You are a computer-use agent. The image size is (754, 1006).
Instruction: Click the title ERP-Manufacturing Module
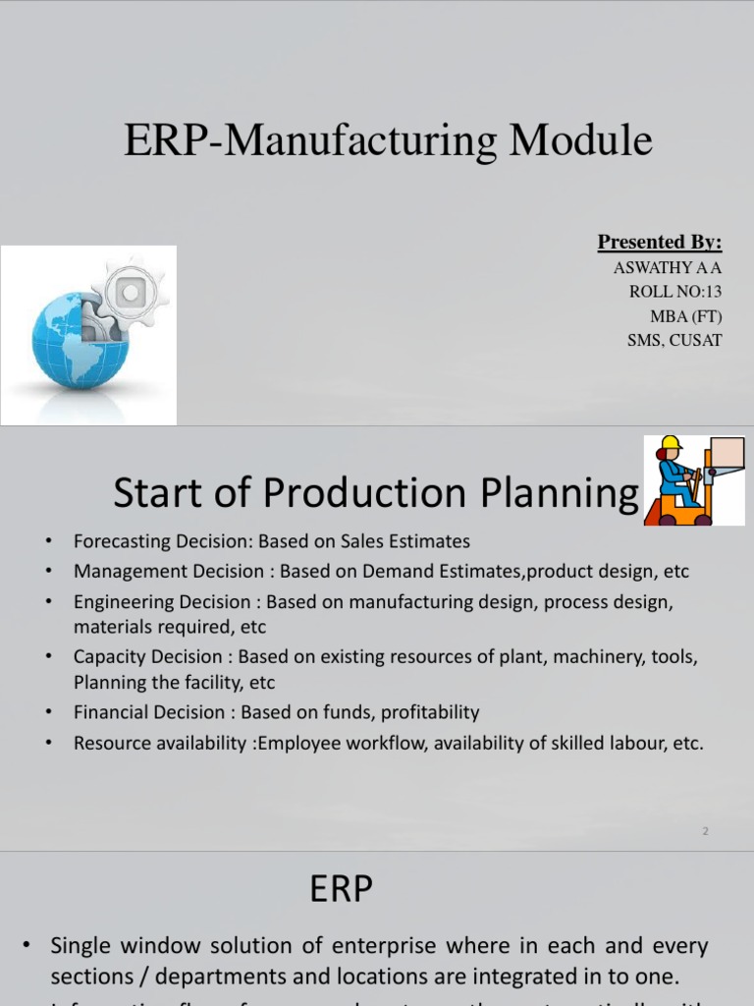click(x=388, y=140)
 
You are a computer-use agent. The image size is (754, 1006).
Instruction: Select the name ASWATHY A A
click(x=667, y=267)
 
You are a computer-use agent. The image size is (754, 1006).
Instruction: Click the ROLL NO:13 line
click(x=675, y=292)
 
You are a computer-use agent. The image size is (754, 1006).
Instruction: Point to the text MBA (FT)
click(x=685, y=316)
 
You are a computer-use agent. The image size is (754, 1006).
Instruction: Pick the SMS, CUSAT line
click(x=674, y=341)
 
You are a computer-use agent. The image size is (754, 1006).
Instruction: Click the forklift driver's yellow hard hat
click(x=672, y=444)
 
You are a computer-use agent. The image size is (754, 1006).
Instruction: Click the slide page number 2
click(x=705, y=831)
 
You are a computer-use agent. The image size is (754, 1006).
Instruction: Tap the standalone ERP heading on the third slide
click(x=342, y=890)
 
